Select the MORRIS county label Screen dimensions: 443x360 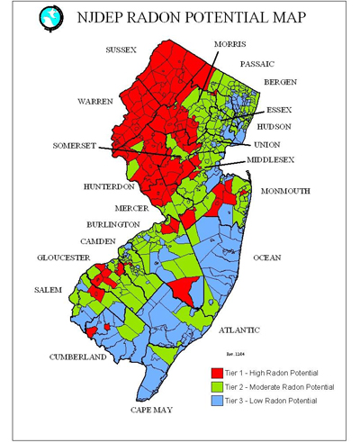click(x=230, y=43)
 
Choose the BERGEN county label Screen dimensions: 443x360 click(x=274, y=83)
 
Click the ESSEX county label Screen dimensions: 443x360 click(x=279, y=110)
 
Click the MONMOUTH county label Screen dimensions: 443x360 click(x=284, y=192)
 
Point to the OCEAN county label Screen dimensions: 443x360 click(x=266, y=258)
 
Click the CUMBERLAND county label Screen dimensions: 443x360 click(x=78, y=357)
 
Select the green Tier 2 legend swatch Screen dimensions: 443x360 click(x=216, y=386)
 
